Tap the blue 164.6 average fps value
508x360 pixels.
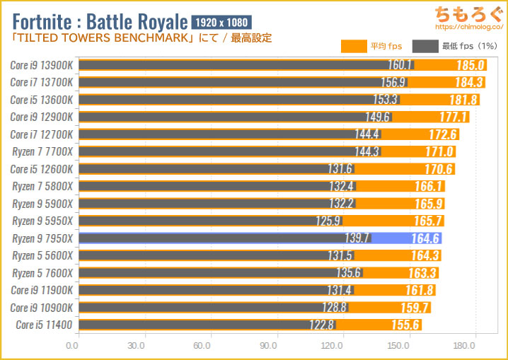pyautogui.click(x=425, y=238)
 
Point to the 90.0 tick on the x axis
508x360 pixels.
pyautogui.click(x=267, y=346)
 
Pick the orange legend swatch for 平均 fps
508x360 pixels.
pyautogui.click(x=353, y=47)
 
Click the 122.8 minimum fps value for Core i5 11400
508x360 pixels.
pyautogui.click(x=320, y=325)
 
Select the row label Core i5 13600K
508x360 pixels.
pyautogui.click(x=42, y=100)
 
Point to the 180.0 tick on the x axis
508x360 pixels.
pyautogui.click(x=463, y=346)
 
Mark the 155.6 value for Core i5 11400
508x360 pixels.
pyautogui.click(x=406, y=325)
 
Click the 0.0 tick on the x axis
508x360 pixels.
pyautogui.click(x=71, y=346)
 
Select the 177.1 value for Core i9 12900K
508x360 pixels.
pyautogui.click(x=454, y=117)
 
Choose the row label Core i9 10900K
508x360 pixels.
pyautogui.click(x=42, y=307)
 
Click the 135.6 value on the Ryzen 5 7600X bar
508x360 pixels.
pyautogui.click(x=348, y=272)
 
